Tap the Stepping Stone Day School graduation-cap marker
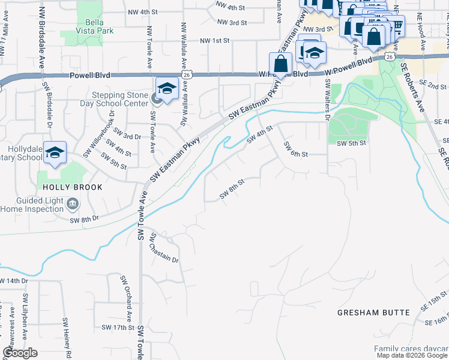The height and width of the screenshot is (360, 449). click(167, 88)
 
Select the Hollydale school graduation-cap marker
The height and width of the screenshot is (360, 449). click(55, 152)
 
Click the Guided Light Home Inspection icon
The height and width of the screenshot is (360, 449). click(73, 204)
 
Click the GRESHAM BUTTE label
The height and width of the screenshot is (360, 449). click(373, 313)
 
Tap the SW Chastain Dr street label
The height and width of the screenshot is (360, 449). click(164, 248)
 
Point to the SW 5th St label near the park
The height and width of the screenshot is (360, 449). click(351, 144)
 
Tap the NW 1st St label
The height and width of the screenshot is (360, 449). click(215, 40)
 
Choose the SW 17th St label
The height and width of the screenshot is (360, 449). click(117, 328)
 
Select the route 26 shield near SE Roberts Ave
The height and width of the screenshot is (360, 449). click(390, 56)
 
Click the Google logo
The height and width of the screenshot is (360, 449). click(20, 353)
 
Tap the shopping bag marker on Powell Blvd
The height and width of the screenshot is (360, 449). click(281, 62)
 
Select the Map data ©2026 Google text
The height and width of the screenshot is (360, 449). click(412, 355)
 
